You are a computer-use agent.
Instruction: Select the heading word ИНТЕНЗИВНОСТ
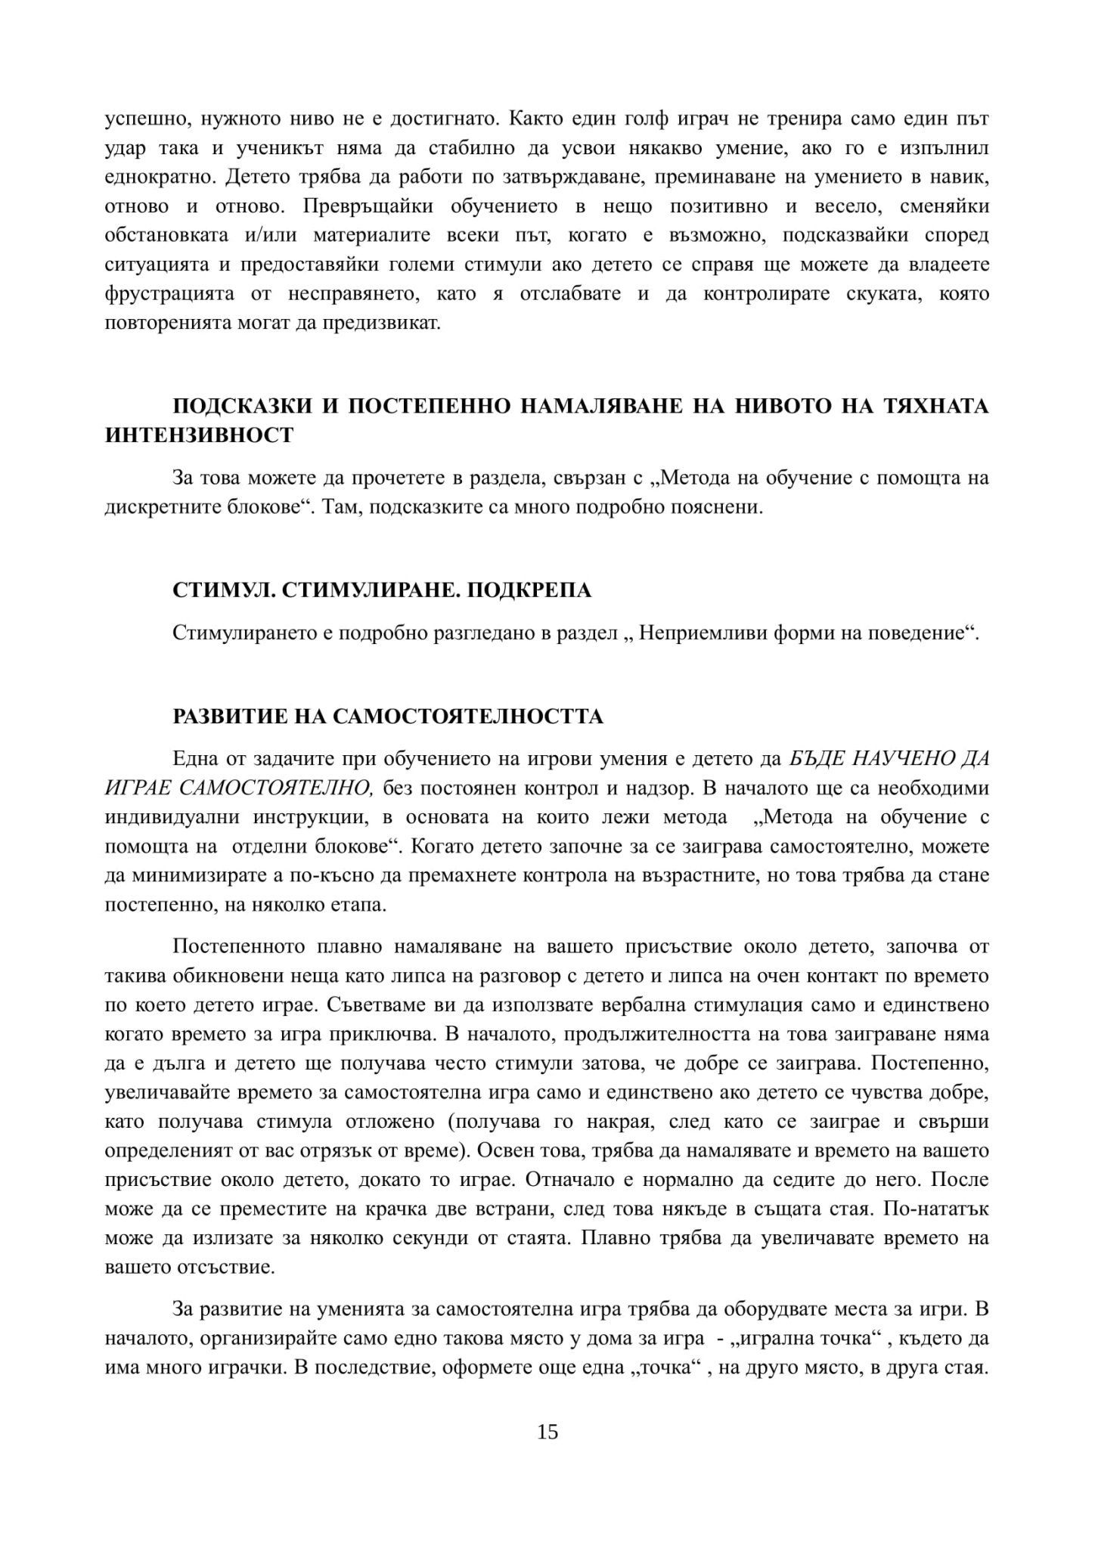click(x=199, y=435)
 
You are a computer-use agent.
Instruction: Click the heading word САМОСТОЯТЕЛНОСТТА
click(x=468, y=716)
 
